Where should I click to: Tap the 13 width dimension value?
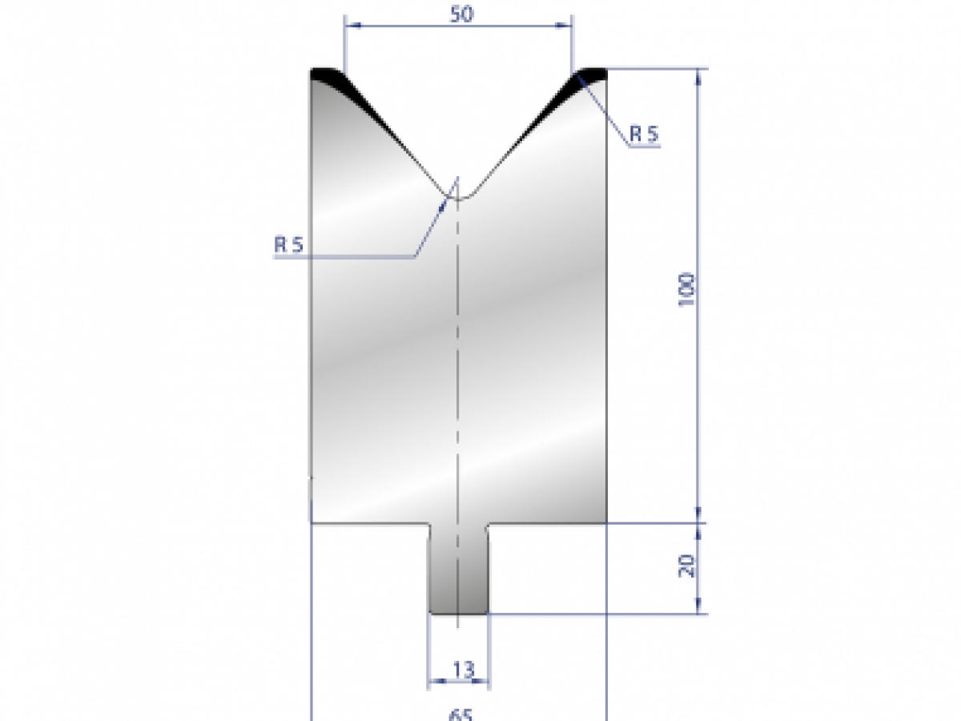[x=463, y=668]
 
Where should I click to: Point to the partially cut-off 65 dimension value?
[x=459, y=714]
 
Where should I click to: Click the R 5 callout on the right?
[x=643, y=135]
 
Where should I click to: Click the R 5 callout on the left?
[x=288, y=245]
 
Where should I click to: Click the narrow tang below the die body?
[x=458, y=569]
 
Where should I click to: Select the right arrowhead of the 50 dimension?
[x=569, y=26]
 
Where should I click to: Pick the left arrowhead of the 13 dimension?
[x=432, y=683]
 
